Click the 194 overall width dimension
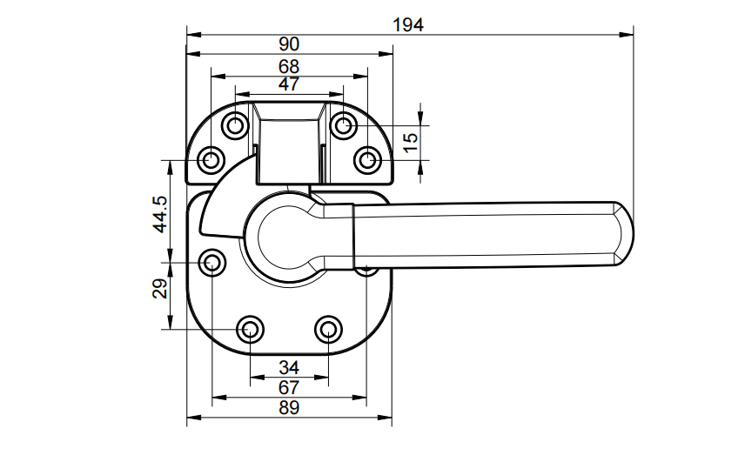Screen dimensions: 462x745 [x=407, y=24]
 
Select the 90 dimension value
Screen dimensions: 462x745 [x=289, y=44]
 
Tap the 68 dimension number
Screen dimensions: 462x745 [x=289, y=66]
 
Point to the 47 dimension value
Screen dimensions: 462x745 [x=289, y=84]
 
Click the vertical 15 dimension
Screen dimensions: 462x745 [x=412, y=139]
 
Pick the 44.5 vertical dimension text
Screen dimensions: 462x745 [x=159, y=213]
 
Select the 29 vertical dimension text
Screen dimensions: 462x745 [x=159, y=290]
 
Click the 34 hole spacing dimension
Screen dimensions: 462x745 [x=289, y=367]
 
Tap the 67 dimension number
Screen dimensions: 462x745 [x=289, y=386]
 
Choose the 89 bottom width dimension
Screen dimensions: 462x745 [x=289, y=407]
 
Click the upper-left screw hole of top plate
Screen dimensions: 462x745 [x=235, y=126]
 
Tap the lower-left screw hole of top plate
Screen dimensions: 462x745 [x=211, y=160]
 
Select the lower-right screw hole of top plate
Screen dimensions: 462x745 [x=368, y=160]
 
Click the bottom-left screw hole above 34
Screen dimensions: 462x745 [x=251, y=329]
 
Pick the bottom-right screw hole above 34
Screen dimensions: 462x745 [x=328, y=329]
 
